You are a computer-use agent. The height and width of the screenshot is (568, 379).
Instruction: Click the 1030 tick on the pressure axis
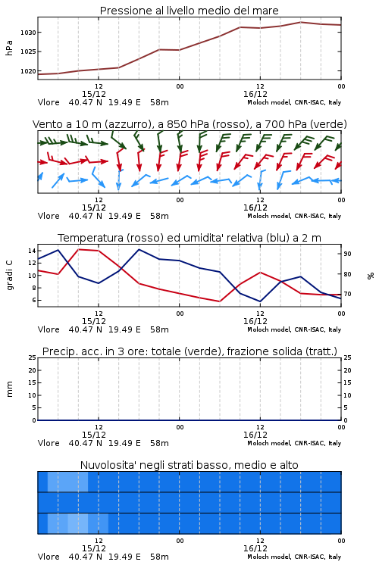[28, 33]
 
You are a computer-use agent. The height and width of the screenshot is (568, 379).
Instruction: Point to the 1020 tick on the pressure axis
[28, 71]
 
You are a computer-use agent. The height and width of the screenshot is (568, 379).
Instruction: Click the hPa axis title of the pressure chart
[9, 48]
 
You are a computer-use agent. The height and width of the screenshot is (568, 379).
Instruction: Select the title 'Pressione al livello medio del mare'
[189, 11]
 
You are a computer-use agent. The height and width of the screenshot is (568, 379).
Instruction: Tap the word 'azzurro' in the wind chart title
[129, 124]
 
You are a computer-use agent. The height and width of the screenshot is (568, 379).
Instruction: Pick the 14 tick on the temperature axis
[32, 251]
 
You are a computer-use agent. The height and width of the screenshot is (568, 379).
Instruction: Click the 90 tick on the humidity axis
[347, 254]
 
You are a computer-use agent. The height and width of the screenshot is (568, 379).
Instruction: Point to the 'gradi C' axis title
[10, 276]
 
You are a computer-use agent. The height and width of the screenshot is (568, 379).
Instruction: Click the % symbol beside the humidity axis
[371, 276]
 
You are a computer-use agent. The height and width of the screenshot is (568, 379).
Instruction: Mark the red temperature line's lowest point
[219, 301]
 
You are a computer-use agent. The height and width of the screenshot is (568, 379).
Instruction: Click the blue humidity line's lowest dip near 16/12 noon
[260, 301]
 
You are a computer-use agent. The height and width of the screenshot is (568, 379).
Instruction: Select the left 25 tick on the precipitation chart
[32, 357]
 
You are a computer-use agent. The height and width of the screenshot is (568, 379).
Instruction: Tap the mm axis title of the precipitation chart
[9, 389]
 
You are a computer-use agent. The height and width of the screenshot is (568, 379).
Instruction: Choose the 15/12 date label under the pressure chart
[94, 94]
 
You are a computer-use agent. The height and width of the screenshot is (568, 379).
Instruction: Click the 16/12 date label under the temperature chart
[255, 321]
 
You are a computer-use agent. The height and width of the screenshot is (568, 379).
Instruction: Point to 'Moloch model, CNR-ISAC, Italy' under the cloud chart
[294, 557]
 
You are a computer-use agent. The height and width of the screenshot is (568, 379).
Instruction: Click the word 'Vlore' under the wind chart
[49, 216]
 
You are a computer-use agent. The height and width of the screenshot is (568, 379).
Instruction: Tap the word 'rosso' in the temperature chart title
[145, 238]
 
